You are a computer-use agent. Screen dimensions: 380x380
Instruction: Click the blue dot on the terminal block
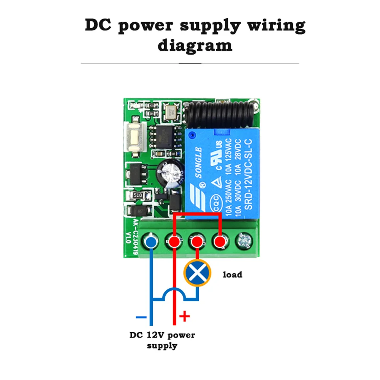(151, 241)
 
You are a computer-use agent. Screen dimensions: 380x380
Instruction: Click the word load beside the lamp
(232, 274)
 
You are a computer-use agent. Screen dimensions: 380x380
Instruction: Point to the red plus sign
(184, 316)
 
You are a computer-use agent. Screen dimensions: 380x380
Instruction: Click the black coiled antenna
(220, 114)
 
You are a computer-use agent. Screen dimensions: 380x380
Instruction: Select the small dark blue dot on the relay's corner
(192, 133)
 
